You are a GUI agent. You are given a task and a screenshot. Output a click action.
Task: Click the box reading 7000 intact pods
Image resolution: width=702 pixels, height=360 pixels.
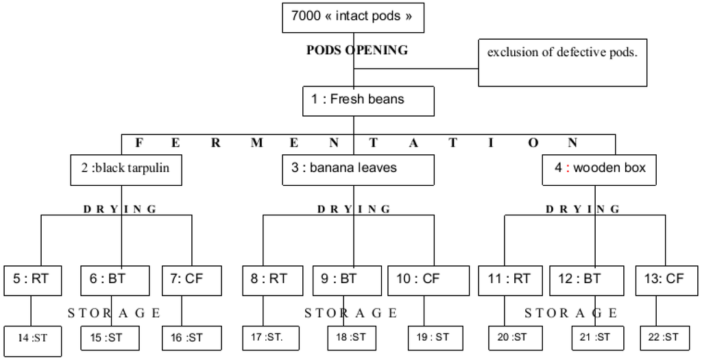[353, 17]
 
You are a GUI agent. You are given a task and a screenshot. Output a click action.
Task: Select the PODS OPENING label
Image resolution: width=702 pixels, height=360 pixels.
[356, 50]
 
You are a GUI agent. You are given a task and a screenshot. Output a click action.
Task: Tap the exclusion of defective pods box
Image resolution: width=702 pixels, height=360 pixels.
[562, 62]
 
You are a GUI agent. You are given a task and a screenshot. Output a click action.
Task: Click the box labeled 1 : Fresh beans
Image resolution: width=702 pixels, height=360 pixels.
[368, 100]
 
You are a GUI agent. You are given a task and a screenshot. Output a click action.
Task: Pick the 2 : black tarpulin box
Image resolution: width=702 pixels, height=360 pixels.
[127, 169]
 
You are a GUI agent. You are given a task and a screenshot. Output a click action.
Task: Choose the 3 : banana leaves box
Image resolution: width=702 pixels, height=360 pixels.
[359, 169]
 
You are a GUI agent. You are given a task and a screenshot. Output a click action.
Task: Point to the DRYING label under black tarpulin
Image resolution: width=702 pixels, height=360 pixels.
[120, 208]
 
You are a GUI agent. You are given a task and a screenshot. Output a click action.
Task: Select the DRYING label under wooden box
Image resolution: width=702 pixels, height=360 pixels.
[583, 208]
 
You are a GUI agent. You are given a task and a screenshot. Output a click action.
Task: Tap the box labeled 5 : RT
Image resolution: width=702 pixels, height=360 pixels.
[32, 280]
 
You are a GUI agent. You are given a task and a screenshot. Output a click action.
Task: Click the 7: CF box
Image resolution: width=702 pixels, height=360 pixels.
[193, 280]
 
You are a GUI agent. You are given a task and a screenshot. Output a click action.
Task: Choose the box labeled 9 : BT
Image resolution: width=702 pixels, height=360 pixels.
[347, 280]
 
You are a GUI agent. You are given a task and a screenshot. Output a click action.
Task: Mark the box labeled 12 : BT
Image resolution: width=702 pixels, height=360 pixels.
[587, 280]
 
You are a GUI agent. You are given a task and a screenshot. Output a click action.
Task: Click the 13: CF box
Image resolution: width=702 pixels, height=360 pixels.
[666, 280]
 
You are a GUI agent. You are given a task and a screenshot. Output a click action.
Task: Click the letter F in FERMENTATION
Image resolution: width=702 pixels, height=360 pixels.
[139, 143]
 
